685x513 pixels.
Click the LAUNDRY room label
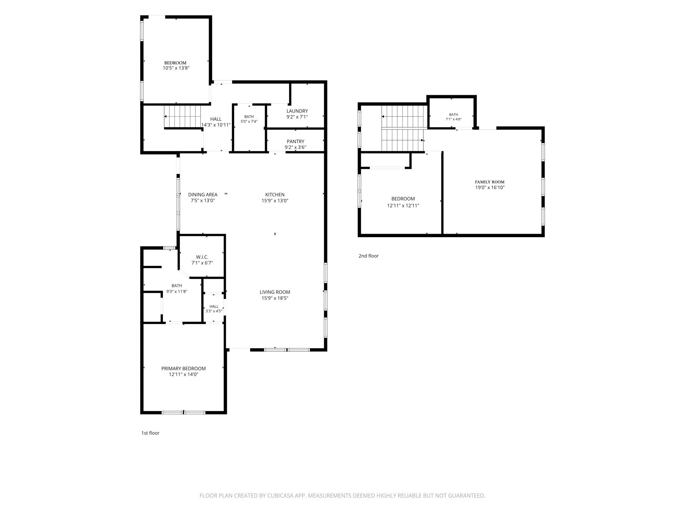click(x=297, y=111)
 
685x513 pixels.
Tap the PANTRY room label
click(x=295, y=141)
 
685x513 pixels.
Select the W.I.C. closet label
click(x=202, y=257)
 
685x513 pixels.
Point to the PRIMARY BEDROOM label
click(x=183, y=368)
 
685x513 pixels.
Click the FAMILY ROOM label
click(x=490, y=182)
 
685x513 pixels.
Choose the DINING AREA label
click(x=203, y=194)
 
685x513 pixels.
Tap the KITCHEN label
click(x=275, y=194)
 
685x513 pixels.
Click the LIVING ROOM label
click(x=275, y=292)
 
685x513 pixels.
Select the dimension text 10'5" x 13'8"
click(x=176, y=68)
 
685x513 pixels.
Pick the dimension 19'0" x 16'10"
click(x=490, y=188)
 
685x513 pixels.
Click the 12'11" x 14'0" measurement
click(x=184, y=374)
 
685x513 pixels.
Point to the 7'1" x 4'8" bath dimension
click(x=454, y=119)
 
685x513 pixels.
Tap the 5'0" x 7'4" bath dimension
click(x=249, y=122)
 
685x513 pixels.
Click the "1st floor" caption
click(x=150, y=433)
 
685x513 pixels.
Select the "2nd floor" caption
click(x=369, y=256)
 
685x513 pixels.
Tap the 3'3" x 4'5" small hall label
click(x=214, y=311)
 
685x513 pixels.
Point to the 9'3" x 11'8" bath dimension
click(x=177, y=292)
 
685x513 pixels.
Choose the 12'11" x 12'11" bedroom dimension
click(x=403, y=206)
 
